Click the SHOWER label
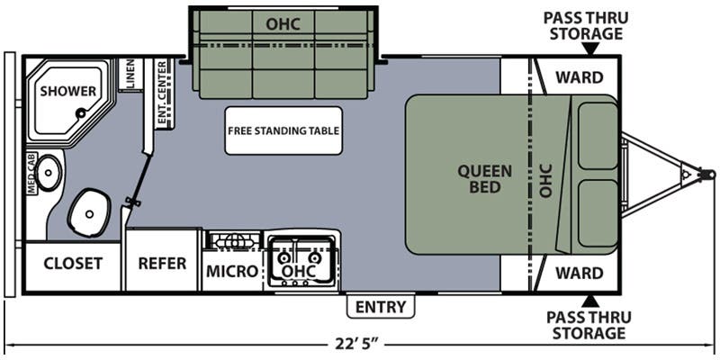point(68,91)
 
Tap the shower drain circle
point(81,112)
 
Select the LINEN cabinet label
point(130,74)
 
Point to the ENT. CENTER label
point(162,93)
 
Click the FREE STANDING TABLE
point(283,130)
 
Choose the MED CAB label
point(31,174)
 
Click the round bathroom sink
point(49,173)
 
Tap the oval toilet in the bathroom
point(89,213)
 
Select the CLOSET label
point(73,264)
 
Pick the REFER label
point(163,264)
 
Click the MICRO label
point(232,272)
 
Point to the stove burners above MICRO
point(234,240)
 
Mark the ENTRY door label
point(381,306)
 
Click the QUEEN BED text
point(485,179)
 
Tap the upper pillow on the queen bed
point(598,136)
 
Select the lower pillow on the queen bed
point(598,213)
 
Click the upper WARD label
point(580,77)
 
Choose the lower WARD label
point(580,274)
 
